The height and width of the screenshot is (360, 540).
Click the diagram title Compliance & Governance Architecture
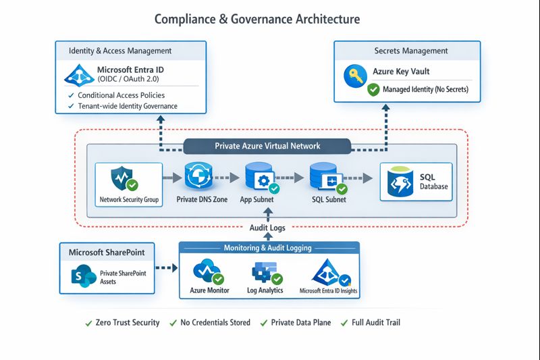pos(257,19)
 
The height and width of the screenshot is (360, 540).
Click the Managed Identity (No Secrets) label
pos(425,89)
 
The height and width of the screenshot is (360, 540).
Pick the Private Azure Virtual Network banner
pos(267,146)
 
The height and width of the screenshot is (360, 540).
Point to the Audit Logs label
pos(268,228)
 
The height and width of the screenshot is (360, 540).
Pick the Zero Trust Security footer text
pos(128,322)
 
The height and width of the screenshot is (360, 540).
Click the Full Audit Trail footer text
pos(375,322)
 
